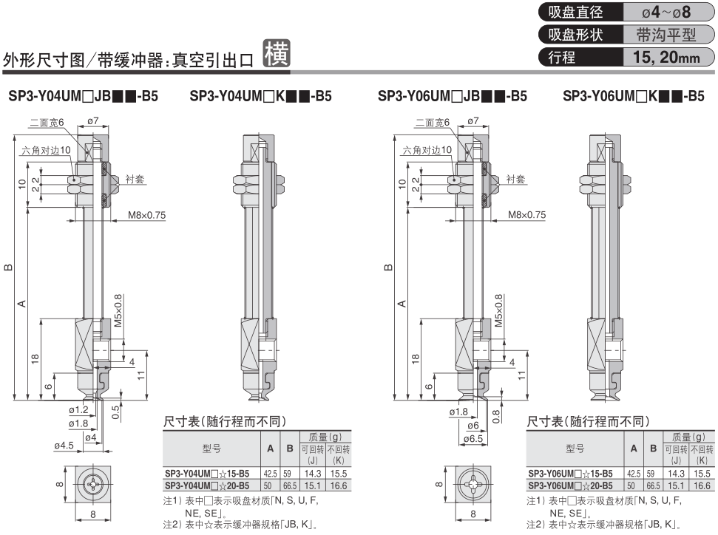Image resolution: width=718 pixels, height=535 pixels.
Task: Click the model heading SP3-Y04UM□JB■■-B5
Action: (x=83, y=96)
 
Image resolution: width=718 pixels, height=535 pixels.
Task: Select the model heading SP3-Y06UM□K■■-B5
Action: (x=633, y=96)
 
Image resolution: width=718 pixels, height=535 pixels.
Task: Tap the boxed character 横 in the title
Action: (x=277, y=54)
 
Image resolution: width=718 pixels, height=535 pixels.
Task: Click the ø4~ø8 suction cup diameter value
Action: (x=666, y=12)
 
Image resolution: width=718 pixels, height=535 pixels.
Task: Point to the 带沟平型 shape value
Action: (x=666, y=34)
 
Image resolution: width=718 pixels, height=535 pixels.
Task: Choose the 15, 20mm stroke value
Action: (x=666, y=57)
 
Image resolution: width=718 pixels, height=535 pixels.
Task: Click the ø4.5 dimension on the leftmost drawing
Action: (x=64, y=446)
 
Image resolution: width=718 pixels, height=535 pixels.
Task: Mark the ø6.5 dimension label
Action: (x=473, y=438)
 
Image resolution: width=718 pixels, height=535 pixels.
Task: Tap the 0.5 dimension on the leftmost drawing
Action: (x=115, y=412)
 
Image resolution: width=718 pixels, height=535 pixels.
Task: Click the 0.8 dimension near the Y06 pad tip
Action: (x=496, y=416)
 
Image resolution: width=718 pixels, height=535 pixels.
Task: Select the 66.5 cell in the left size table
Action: (x=289, y=485)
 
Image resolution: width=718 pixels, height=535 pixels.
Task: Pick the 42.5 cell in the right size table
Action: (x=634, y=474)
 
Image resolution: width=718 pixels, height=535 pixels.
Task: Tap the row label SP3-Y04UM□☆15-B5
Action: (x=207, y=474)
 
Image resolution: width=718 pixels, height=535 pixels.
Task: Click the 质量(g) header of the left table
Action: (x=325, y=437)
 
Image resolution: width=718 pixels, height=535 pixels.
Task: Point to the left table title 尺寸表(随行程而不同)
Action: (x=224, y=421)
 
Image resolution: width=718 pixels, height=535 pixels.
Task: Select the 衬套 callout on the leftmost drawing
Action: (x=135, y=179)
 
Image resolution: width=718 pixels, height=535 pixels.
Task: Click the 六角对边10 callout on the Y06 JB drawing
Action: (x=427, y=150)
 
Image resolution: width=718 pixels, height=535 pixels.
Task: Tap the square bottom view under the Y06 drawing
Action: (x=473, y=484)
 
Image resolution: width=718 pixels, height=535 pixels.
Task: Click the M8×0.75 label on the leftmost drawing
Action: (x=146, y=215)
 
